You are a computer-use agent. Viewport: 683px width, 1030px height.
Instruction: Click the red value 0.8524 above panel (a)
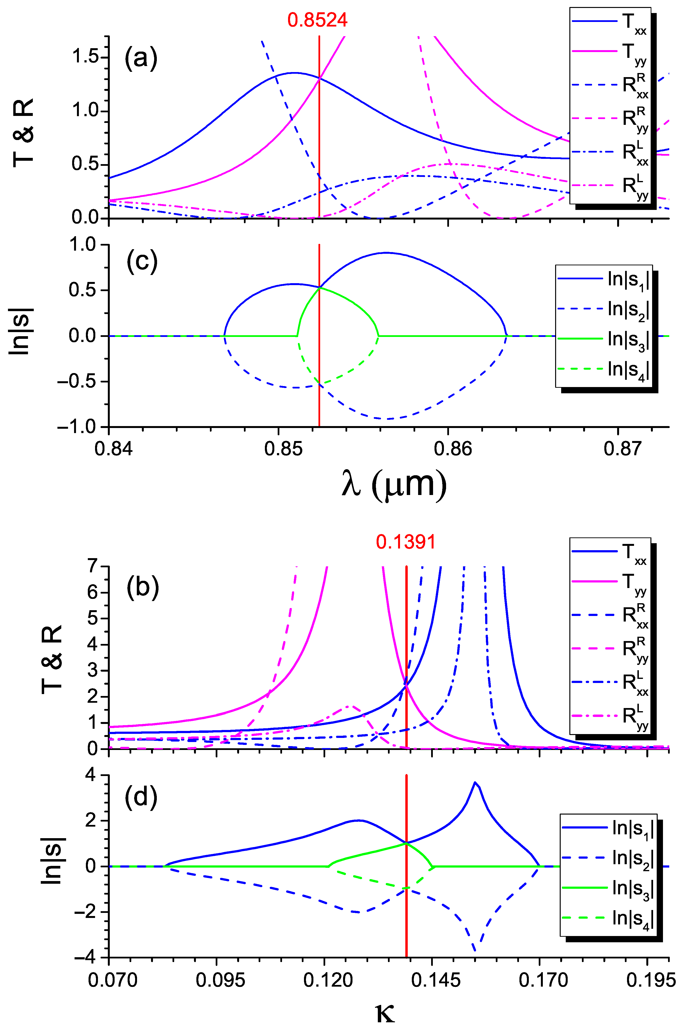point(317,20)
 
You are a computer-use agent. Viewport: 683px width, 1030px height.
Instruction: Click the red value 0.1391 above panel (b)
point(406,542)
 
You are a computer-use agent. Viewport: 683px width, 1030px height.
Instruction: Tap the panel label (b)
point(142,588)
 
